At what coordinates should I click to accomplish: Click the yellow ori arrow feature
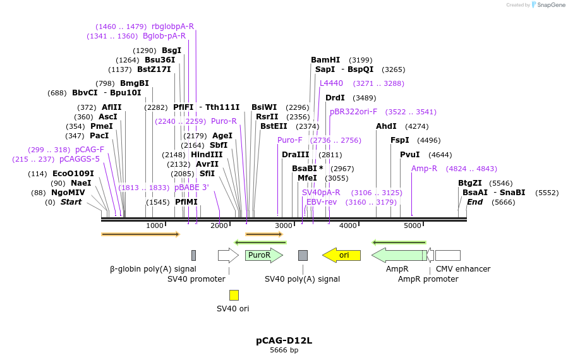342,255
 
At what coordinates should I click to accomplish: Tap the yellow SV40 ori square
234,295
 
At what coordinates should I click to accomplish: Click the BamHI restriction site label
325,60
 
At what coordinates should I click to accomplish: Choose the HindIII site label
207,155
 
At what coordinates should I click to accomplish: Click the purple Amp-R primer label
424,169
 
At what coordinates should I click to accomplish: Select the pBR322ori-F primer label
353,112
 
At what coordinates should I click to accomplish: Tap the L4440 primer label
331,83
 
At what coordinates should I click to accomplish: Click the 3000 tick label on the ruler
284,226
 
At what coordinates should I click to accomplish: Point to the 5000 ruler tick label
413,226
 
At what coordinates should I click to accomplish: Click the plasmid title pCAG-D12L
284,340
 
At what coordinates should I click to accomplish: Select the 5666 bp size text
284,350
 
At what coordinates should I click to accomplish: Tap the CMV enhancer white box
447,255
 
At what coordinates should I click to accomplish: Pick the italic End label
474,202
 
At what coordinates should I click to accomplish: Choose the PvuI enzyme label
409,155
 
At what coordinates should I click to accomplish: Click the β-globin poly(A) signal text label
153,269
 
